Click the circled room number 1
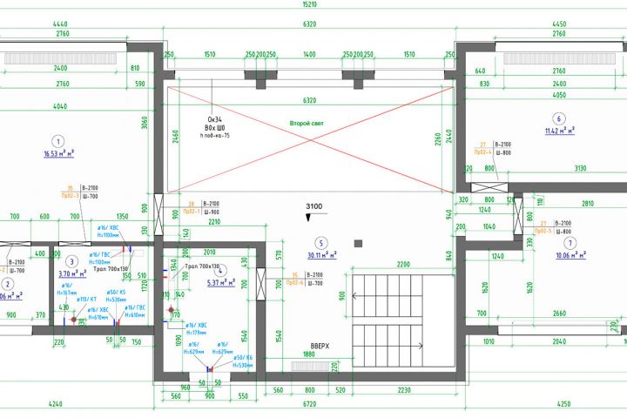coord(58,141)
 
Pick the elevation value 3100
coord(314,206)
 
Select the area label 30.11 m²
coord(321,256)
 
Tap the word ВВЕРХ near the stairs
coord(321,346)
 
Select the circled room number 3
coord(72,260)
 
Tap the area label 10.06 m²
coord(570,256)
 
